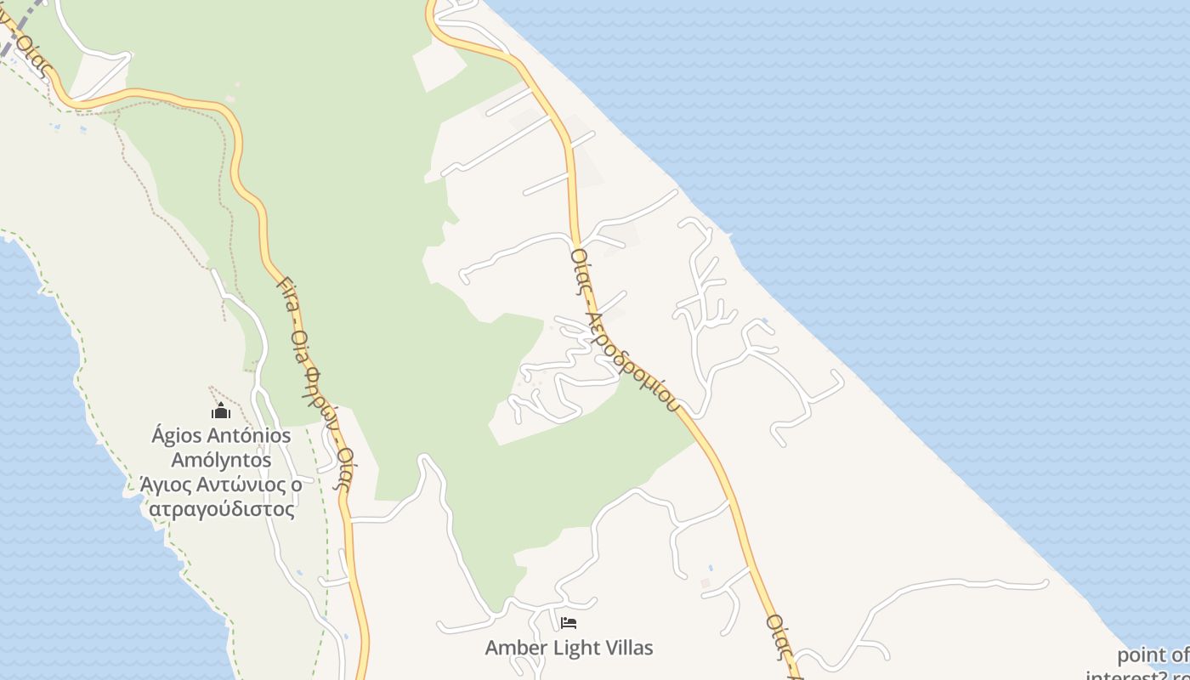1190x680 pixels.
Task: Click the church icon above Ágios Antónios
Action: pos(221,411)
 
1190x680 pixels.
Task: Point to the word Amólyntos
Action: pos(221,461)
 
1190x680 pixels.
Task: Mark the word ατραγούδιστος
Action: pos(221,509)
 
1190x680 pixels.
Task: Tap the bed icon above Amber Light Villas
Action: pos(569,623)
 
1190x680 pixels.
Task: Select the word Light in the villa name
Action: pos(570,648)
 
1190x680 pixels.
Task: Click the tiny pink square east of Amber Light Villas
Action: pos(705,583)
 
